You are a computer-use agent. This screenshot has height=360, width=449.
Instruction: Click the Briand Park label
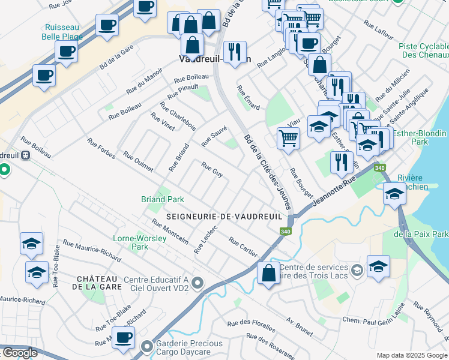pos(162,199)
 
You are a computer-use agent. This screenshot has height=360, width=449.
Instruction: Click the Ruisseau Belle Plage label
pos(62,31)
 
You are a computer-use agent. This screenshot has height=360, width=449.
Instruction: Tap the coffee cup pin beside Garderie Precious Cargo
pos(124,337)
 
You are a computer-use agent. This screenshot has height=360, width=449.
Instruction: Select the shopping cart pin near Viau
pos(289,137)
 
